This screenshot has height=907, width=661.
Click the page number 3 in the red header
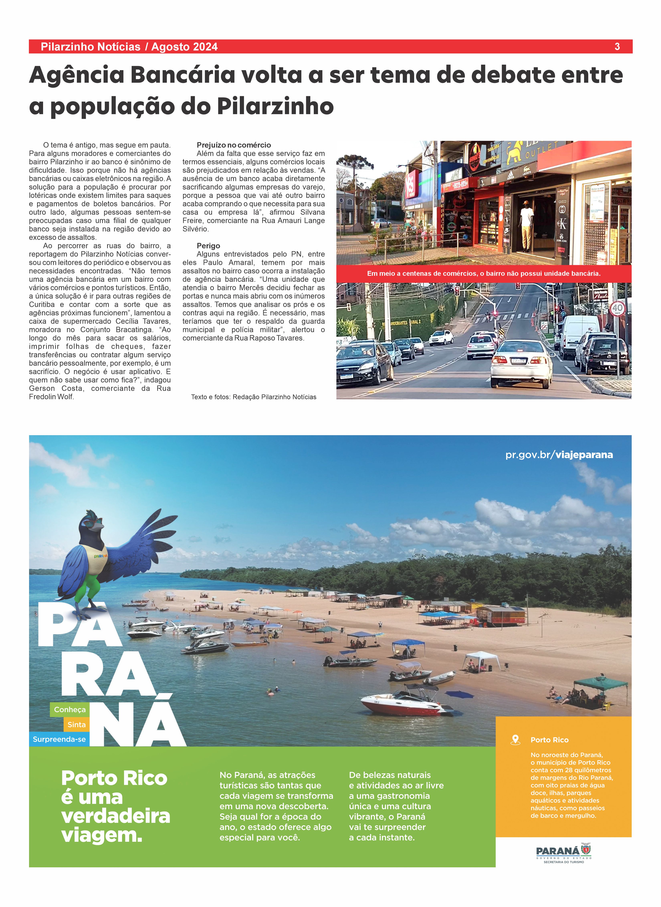pyautogui.click(x=617, y=47)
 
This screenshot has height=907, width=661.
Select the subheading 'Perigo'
pyautogui.click(x=208, y=246)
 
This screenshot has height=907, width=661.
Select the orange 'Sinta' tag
pyautogui.click(x=76, y=724)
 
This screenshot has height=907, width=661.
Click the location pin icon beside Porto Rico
pyautogui.click(x=515, y=740)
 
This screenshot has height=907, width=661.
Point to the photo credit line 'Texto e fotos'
pyautogui.click(x=254, y=397)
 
